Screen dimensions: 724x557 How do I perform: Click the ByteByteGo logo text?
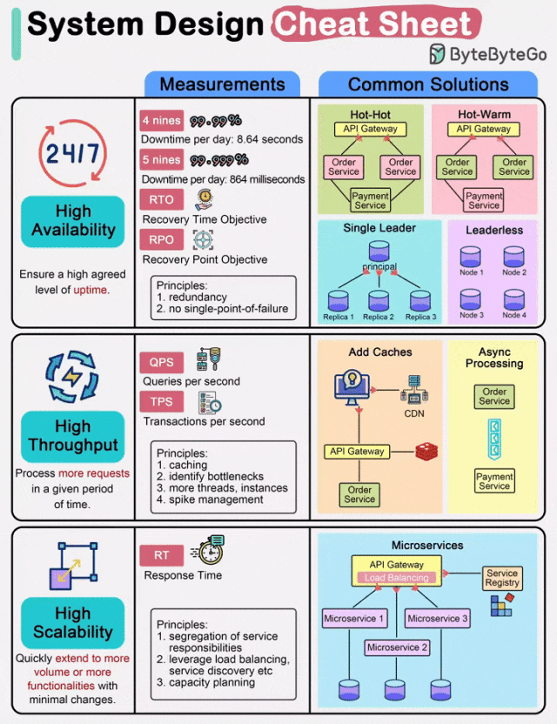pyautogui.click(x=498, y=55)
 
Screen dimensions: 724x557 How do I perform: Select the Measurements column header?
pyautogui.click(x=222, y=84)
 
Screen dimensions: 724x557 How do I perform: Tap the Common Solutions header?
pyautogui.click(x=428, y=84)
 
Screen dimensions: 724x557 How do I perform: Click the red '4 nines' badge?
pyautogui.click(x=161, y=121)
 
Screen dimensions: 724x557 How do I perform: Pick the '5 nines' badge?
pyautogui.click(x=161, y=160)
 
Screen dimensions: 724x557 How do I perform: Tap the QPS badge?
pyautogui.click(x=161, y=362)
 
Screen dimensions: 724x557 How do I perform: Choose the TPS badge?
pyautogui.click(x=161, y=402)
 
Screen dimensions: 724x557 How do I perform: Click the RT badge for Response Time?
pyautogui.click(x=161, y=555)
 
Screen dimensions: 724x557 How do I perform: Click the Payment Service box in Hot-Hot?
pyautogui.click(x=370, y=200)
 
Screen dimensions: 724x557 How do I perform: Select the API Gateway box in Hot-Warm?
pyautogui.click(x=484, y=129)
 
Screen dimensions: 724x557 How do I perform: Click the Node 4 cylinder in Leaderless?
pyautogui.click(x=514, y=298)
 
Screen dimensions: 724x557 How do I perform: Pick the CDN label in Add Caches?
pyautogui.click(x=414, y=414)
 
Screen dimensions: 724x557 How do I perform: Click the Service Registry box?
pyautogui.click(x=502, y=578)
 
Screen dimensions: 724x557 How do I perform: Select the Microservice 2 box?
pyautogui.click(x=399, y=647)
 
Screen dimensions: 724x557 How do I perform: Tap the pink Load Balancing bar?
pyautogui.click(x=396, y=578)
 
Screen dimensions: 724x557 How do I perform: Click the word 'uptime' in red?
pyautogui.click(x=91, y=290)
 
